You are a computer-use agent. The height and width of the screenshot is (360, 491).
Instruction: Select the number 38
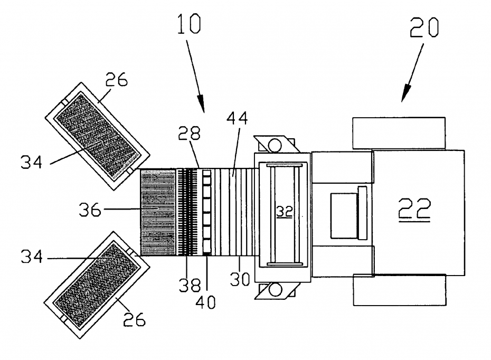tap(189, 285)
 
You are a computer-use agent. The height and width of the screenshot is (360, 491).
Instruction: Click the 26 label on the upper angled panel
tap(116, 80)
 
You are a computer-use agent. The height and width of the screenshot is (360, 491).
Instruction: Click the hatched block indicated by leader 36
tap(157, 213)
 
